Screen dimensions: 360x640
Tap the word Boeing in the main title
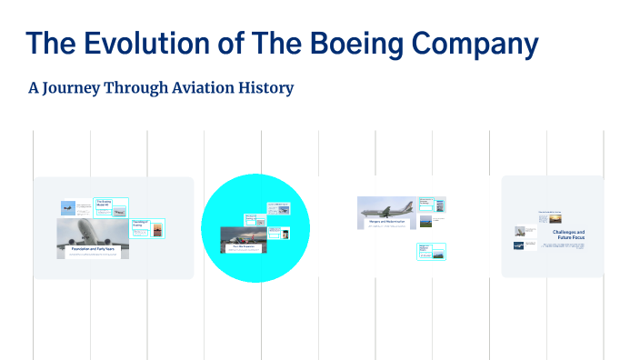(338, 44)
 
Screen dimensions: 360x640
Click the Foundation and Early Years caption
(93, 247)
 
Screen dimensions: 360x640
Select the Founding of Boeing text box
(140, 223)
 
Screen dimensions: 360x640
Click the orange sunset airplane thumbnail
(157, 229)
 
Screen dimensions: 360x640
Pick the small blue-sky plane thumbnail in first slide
(67, 207)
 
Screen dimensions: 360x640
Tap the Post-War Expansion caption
(243, 246)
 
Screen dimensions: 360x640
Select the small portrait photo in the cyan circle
(285, 233)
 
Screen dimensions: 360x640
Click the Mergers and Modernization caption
(385, 222)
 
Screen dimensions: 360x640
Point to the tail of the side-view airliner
(407, 205)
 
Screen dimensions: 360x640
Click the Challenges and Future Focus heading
(568, 235)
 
